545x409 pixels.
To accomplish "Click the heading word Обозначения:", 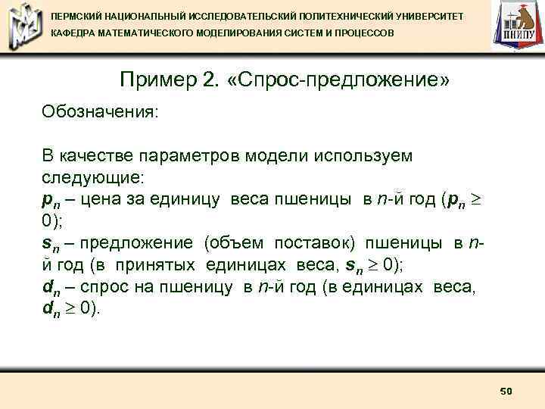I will (100, 112).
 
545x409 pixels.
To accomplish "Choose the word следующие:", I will (92, 178).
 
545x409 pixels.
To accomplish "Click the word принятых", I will (157, 264).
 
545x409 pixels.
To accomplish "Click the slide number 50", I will (506, 391).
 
